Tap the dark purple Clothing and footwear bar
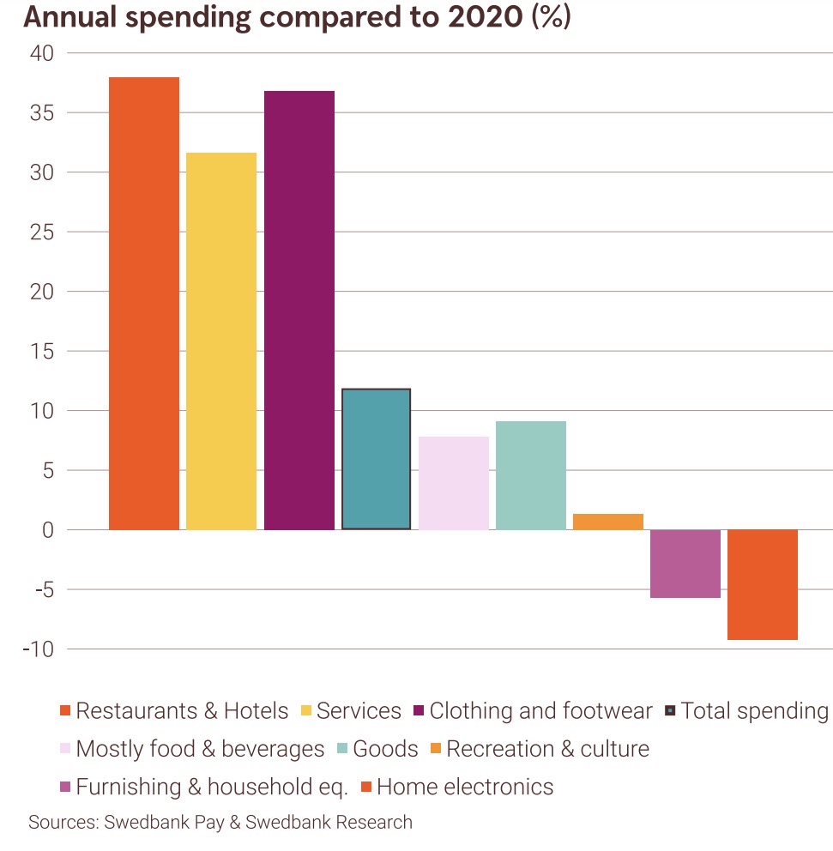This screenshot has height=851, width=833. point(299,310)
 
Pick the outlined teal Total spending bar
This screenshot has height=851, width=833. point(376,459)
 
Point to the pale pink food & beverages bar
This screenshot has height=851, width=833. point(454,483)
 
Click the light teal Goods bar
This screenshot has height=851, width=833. point(531,475)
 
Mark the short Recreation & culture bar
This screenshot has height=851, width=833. point(608,522)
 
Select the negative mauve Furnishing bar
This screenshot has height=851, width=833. point(685,564)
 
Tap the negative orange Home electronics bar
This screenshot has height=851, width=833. point(763,584)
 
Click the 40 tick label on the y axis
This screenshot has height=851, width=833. point(41,53)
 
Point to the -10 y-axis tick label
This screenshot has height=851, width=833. point(39,649)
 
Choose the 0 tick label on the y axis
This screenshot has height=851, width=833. point(47,530)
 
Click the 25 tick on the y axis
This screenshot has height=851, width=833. point(41,232)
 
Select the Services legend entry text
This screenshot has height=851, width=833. point(359,711)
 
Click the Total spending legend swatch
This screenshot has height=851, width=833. point(671,712)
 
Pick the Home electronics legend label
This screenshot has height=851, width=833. point(465,787)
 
